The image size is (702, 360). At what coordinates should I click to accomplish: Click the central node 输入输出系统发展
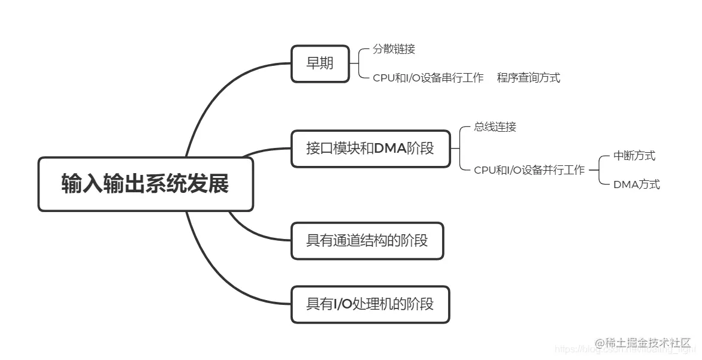(146, 184)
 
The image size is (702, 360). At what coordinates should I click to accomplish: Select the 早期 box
(320, 63)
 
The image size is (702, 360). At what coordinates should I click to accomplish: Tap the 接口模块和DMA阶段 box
(370, 149)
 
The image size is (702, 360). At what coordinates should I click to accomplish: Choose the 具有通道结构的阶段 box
(367, 241)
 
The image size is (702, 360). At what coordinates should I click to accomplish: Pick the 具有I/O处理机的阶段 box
(370, 305)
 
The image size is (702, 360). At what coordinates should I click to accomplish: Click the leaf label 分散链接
(394, 50)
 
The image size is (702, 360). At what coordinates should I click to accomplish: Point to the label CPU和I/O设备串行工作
(428, 78)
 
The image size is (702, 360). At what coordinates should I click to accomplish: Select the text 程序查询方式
(528, 78)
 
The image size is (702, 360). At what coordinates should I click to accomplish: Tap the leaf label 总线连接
(495, 127)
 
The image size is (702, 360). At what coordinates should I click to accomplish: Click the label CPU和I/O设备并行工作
(529, 170)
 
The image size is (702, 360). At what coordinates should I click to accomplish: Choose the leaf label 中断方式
(634, 156)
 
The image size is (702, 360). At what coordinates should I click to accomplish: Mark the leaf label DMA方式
(636, 184)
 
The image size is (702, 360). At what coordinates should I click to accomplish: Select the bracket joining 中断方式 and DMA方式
(601, 170)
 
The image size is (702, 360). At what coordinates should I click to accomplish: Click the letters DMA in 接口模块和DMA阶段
(390, 149)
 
